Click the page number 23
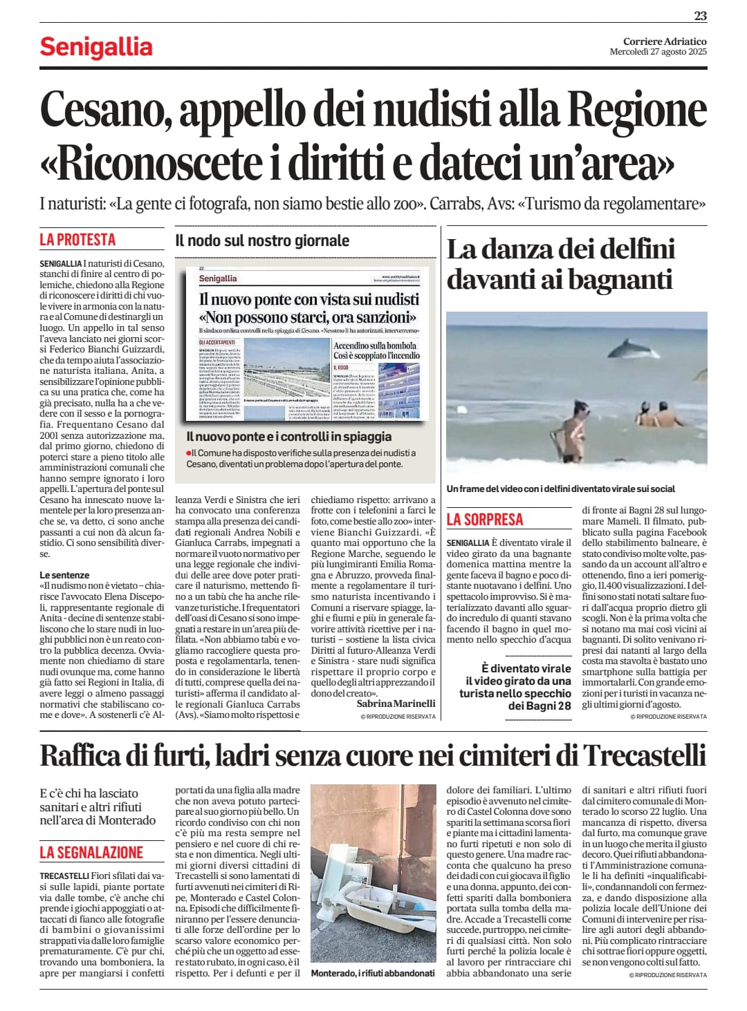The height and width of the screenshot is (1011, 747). [x=700, y=15]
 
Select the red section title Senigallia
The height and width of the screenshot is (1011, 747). [x=96, y=47]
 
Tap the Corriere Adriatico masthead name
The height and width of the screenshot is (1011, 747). [x=665, y=41]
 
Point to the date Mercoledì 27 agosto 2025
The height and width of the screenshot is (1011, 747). [x=658, y=52]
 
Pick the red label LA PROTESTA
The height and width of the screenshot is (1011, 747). [x=77, y=240]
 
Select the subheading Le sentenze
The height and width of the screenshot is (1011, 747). [x=64, y=575]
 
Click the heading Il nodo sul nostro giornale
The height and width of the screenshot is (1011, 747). [x=262, y=241]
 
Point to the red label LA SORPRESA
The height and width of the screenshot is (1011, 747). [x=485, y=520]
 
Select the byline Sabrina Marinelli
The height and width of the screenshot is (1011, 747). [x=396, y=703]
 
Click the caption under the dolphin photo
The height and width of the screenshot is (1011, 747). [x=560, y=489]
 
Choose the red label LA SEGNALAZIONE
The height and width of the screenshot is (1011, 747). [x=91, y=852]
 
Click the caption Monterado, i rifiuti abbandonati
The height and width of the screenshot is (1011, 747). [x=373, y=973]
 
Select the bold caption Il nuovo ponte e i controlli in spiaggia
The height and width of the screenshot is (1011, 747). [x=289, y=437]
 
